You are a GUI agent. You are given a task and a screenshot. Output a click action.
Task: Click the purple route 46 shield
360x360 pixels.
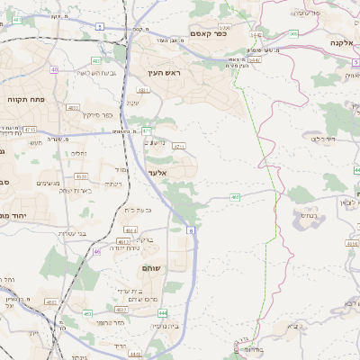(96, 253)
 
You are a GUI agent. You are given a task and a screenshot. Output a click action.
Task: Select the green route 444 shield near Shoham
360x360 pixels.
(162, 311)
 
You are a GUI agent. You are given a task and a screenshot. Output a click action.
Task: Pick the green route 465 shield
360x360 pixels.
(235, 195)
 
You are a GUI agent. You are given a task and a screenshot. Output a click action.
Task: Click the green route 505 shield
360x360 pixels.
(293, 33)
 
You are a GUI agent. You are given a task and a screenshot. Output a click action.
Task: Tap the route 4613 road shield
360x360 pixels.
(122, 242)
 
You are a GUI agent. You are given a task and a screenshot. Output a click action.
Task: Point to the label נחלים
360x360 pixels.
(79, 154)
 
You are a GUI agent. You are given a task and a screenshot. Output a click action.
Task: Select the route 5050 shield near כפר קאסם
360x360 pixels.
(224, 28)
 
